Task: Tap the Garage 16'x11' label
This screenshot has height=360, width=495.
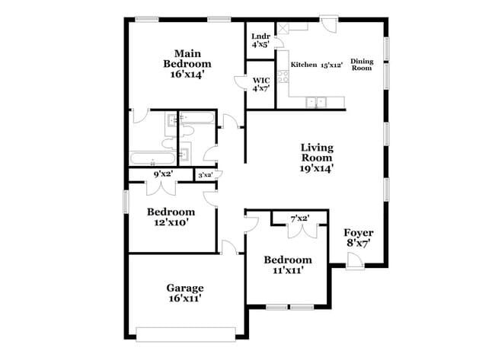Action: [x=185, y=293]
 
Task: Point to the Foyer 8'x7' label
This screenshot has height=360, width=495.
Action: [x=358, y=237]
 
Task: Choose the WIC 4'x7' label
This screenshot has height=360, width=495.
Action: [x=260, y=83]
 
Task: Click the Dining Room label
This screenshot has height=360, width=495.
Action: [x=361, y=64]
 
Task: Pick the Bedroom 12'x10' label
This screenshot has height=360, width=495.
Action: [x=171, y=216]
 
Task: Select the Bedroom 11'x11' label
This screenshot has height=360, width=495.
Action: [x=287, y=264]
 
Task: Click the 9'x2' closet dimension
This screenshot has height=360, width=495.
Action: [x=163, y=174]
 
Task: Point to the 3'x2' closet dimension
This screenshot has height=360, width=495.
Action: [x=204, y=175]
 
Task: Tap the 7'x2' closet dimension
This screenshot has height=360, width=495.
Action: [x=299, y=219]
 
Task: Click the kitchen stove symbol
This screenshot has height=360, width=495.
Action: [x=283, y=76]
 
